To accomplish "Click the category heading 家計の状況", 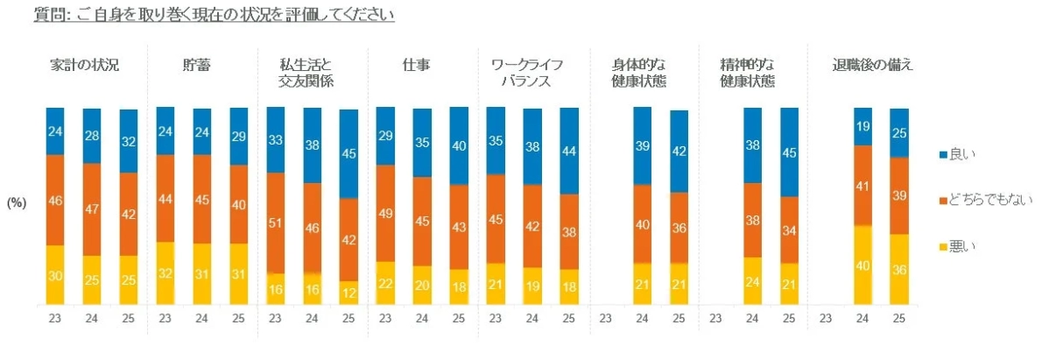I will coord(84,66).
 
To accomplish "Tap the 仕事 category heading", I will coord(415,66).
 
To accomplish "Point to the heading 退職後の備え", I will coord(873,66).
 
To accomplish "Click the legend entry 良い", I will coord(964,154).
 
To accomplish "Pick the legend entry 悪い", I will coord(964,247).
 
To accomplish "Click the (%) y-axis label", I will coord(18,202).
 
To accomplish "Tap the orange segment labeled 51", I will coord(275,222).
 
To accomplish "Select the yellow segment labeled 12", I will coord(348,293).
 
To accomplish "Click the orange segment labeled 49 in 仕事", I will coord(384,213).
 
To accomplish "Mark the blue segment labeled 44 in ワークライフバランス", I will coord(569,151).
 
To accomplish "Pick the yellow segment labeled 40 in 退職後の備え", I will coord(862,265).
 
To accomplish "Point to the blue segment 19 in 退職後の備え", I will coord(862,126).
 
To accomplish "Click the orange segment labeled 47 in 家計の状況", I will coord(92,209).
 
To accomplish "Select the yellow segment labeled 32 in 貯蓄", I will coord(165,273).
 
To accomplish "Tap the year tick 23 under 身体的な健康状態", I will coord(605,319).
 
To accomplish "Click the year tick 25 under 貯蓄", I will coord(238,319).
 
